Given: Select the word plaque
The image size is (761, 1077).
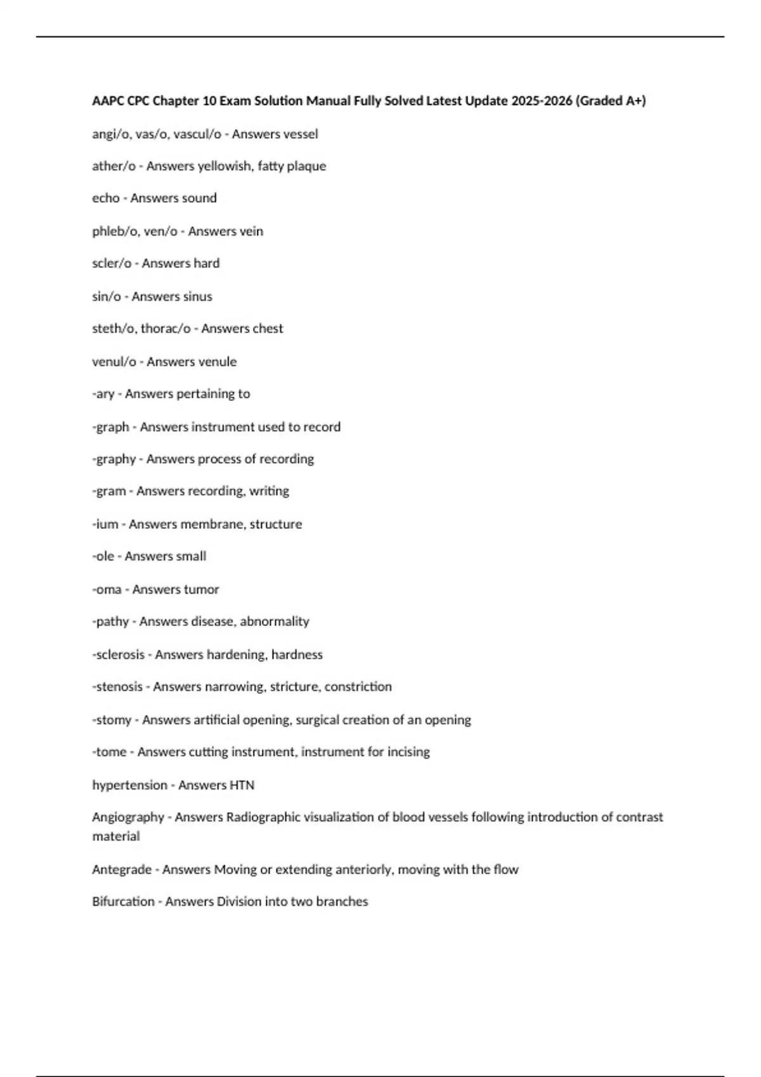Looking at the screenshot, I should coord(307,166).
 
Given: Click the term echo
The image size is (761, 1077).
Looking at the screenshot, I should coord(106,198).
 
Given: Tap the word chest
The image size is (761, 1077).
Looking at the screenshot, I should coord(268,328).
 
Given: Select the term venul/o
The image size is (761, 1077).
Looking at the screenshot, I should coord(114,362).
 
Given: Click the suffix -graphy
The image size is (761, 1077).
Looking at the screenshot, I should coord(114,459).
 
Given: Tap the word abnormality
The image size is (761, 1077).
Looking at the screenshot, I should coord(275,621).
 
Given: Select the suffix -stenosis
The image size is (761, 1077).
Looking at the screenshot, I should coord(117,687).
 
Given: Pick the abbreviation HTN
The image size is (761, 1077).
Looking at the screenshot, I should coord(242,785).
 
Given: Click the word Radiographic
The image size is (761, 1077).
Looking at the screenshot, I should coord(263,817).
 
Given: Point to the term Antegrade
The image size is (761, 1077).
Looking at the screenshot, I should coord(122,869).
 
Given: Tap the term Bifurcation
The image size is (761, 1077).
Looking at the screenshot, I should coord(123,902).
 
